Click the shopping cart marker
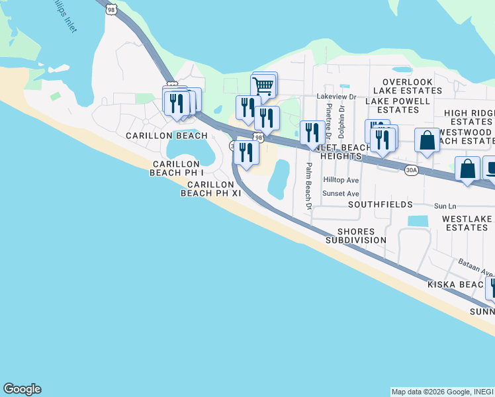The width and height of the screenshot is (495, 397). click(263, 85)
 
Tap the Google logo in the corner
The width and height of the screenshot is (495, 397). click(22, 389)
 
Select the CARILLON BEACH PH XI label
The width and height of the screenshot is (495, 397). click(211, 189)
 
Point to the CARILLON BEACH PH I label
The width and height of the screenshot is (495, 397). click(176, 168)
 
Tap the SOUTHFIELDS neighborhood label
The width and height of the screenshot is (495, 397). click(381, 204)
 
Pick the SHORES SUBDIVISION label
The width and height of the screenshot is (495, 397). click(356, 236)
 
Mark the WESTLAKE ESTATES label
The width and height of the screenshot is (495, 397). click(467, 223)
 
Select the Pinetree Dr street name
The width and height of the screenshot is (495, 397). click(328, 112)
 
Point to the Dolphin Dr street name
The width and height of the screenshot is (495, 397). click(341, 112)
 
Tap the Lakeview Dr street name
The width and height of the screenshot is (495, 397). click(336, 97)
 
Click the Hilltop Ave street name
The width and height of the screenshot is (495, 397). click(341, 180)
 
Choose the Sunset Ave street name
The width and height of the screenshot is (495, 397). click(341, 194)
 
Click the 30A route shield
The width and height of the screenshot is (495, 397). click(411, 170)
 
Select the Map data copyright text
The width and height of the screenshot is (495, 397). click(441, 392)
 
